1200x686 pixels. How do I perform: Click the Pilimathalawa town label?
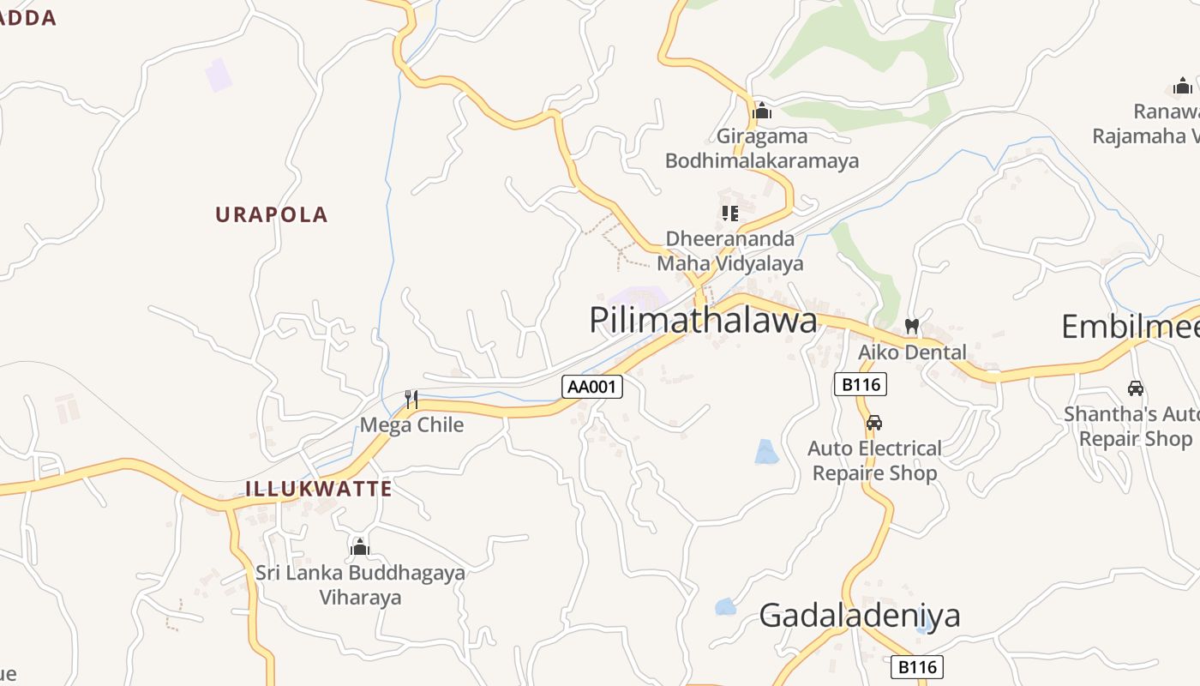pyautogui.click(x=703, y=321)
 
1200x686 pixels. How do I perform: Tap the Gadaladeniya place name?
pyautogui.click(x=860, y=616)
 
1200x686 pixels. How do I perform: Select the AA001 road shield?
pyautogui.click(x=592, y=387)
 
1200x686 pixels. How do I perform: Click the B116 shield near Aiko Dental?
pyautogui.click(x=861, y=384)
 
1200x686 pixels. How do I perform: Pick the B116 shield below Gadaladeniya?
pyautogui.click(x=916, y=667)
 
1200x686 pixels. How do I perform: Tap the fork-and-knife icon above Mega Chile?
pyautogui.click(x=411, y=399)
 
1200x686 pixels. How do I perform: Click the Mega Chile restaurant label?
pyautogui.click(x=411, y=424)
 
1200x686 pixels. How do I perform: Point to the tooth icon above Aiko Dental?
pyautogui.click(x=912, y=327)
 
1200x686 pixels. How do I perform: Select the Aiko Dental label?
pyautogui.click(x=912, y=352)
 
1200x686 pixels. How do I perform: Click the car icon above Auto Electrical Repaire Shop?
pyautogui.click(x=874, y=423)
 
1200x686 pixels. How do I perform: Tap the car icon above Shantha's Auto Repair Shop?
pyautogui.click(x=1136, y=388)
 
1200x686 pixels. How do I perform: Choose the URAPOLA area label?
pyautogui.click(x=272, y=214)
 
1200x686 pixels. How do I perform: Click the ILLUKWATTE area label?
pyautogui.click(x=319, y=489)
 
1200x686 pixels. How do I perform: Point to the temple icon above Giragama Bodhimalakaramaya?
pyautogui.click(x=762, y=111)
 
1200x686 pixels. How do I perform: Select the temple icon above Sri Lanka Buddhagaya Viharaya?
pyautogui.click(x=360, y=547)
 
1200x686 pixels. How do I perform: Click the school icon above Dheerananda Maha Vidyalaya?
pyautogui.click(x=730, y=213)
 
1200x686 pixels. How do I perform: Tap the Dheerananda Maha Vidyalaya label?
pyautogui.click(x=730, y=250)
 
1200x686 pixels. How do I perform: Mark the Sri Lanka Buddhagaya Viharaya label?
pyautogui.click(x=360, y=584)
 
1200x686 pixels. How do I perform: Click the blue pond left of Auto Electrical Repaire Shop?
pyautogui.click(x=766, y=452)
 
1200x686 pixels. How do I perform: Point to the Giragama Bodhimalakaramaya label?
pyautogui.click(x=762, y=148)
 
